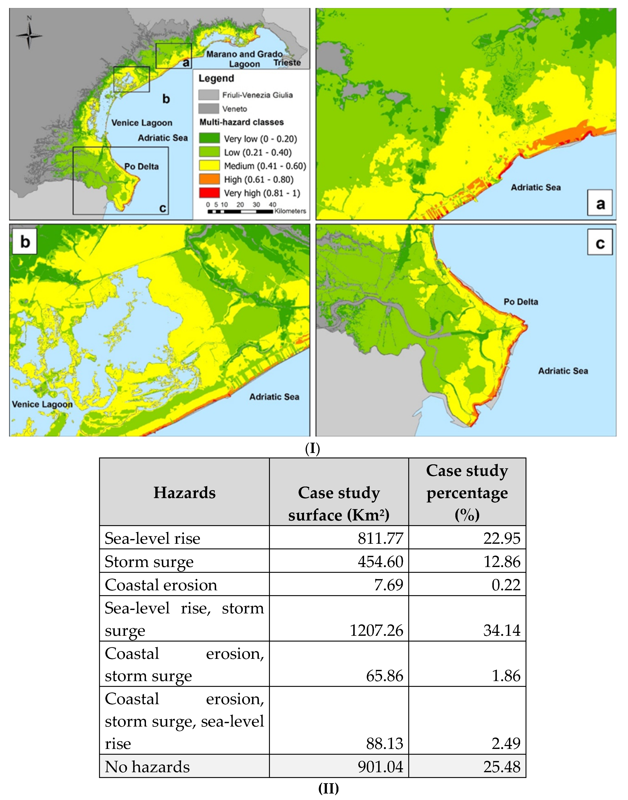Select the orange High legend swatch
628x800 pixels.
tap(209, 179)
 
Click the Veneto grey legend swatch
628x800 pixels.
tap(208, 108)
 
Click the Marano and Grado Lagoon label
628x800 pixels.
tap(245, 59)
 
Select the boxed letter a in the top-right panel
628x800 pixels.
tap(600, 203)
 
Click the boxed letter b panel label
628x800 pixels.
tap(25, 242)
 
